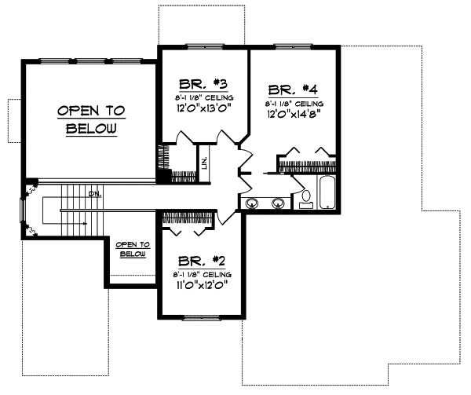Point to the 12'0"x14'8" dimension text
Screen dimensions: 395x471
pos(295,113)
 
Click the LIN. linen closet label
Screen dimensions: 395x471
pos(204,163)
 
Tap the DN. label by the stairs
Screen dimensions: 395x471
pos(93,193)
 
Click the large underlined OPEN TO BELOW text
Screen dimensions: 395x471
pos(91,119)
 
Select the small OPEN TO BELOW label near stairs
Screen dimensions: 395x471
pos(133,249)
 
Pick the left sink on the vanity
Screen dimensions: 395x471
pos(252,204)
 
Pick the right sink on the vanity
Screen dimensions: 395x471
pos(277,204)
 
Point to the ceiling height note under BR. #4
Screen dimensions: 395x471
pos(294,102)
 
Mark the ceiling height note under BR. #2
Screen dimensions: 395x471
pos(202,273)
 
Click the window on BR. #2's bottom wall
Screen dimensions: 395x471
pos(202,317)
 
